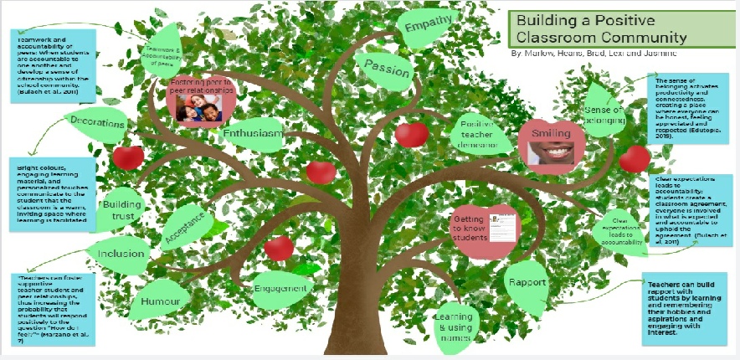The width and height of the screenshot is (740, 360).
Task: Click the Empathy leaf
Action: tap(429, 28)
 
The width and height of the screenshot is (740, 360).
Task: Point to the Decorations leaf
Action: tap(97, 124)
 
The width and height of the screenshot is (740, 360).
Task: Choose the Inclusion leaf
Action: tap(121, 254)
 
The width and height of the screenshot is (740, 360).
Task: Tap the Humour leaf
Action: tap(156, 301)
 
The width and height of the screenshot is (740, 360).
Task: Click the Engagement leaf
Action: tap(280, 285)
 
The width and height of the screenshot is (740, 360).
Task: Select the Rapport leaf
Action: tap(527, 283)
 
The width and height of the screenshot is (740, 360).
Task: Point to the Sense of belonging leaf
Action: tap(604, 114)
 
